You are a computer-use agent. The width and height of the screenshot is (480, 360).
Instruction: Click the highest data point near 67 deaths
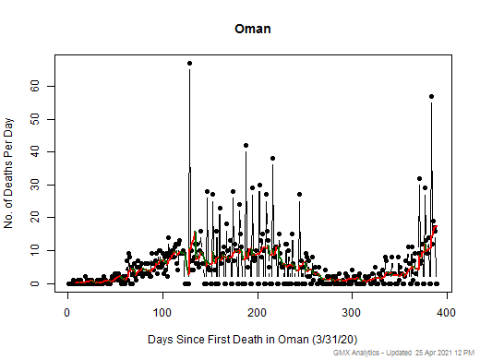point(189,64)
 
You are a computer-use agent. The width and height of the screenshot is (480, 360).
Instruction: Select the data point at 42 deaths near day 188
point(246,145)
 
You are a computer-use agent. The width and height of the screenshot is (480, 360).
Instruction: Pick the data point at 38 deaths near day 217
point(272,158)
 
